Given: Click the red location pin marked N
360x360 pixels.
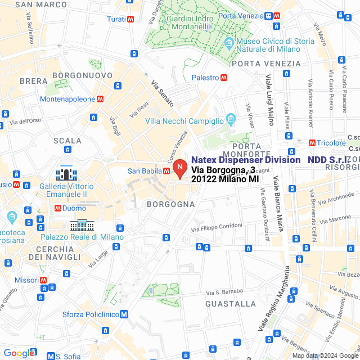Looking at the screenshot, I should click(179, 168).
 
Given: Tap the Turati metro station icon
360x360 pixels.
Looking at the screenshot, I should click(130, 19).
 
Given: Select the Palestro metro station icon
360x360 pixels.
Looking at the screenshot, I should click(224, 78).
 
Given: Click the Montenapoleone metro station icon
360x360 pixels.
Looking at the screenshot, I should click(100, 99).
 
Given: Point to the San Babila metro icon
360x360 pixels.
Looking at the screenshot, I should click(166, 171).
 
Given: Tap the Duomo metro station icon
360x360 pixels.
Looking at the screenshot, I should click(58, 208).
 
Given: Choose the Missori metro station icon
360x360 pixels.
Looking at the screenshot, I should click(43, 280).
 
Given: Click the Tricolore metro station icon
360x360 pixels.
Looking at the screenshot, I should click(312, 143).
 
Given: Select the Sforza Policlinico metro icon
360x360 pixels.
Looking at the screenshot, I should click(124, 314).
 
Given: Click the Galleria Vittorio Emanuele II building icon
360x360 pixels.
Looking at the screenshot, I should click(66, 172).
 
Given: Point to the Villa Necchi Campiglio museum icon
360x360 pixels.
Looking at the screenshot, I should click(231, 119).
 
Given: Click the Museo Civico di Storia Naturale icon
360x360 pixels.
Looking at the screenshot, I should click(229, 43).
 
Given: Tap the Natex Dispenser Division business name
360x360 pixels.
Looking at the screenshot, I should click(245, 160).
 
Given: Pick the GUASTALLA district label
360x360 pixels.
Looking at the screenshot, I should click(231, 304).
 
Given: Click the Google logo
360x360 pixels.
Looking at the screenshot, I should click(19, 353).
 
